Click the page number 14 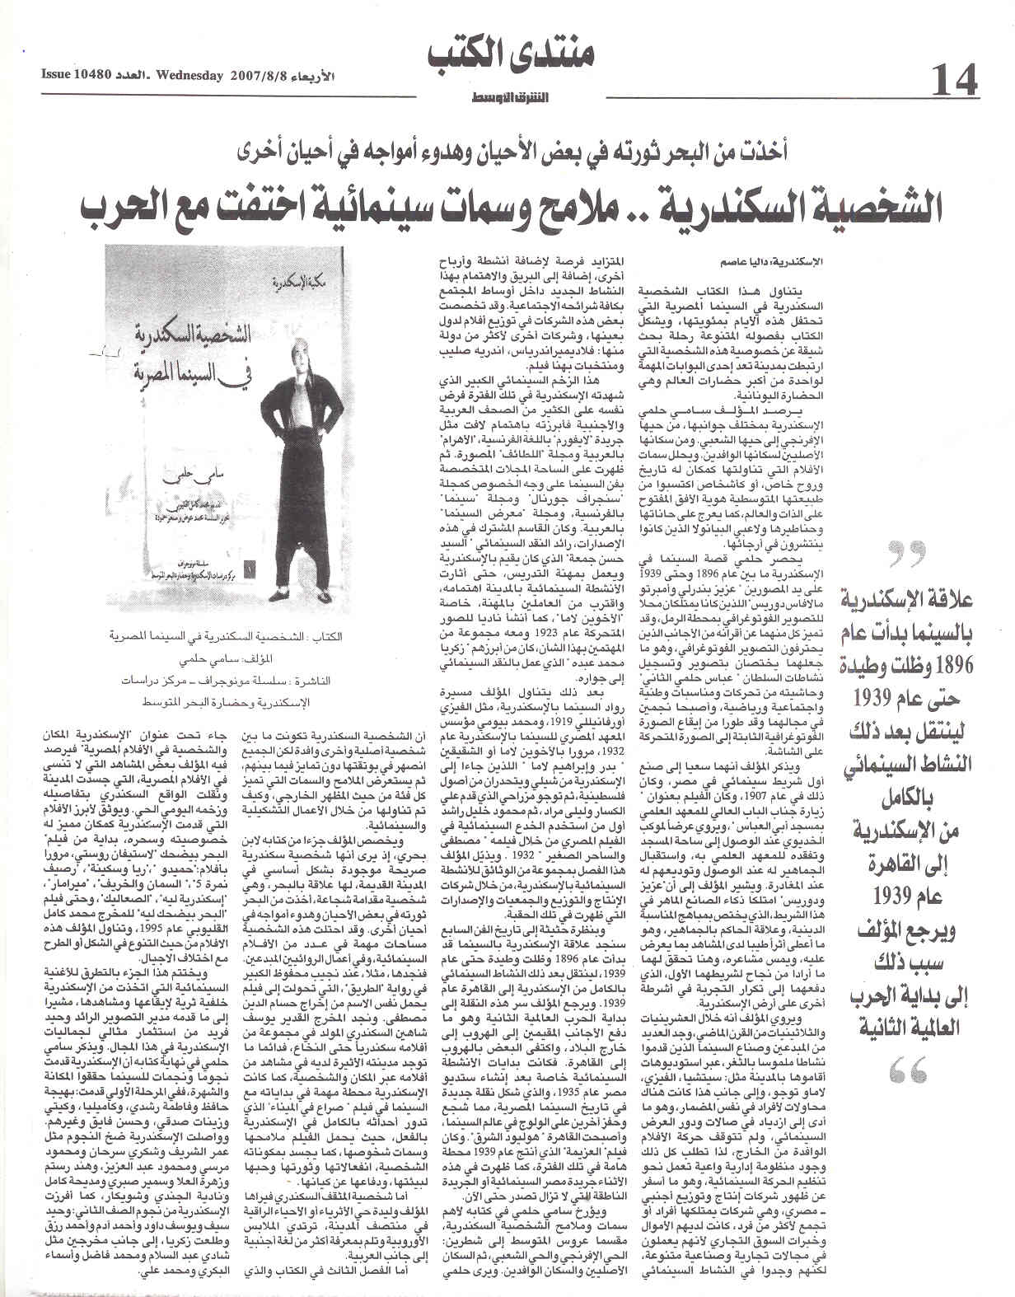pos(956,81)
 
